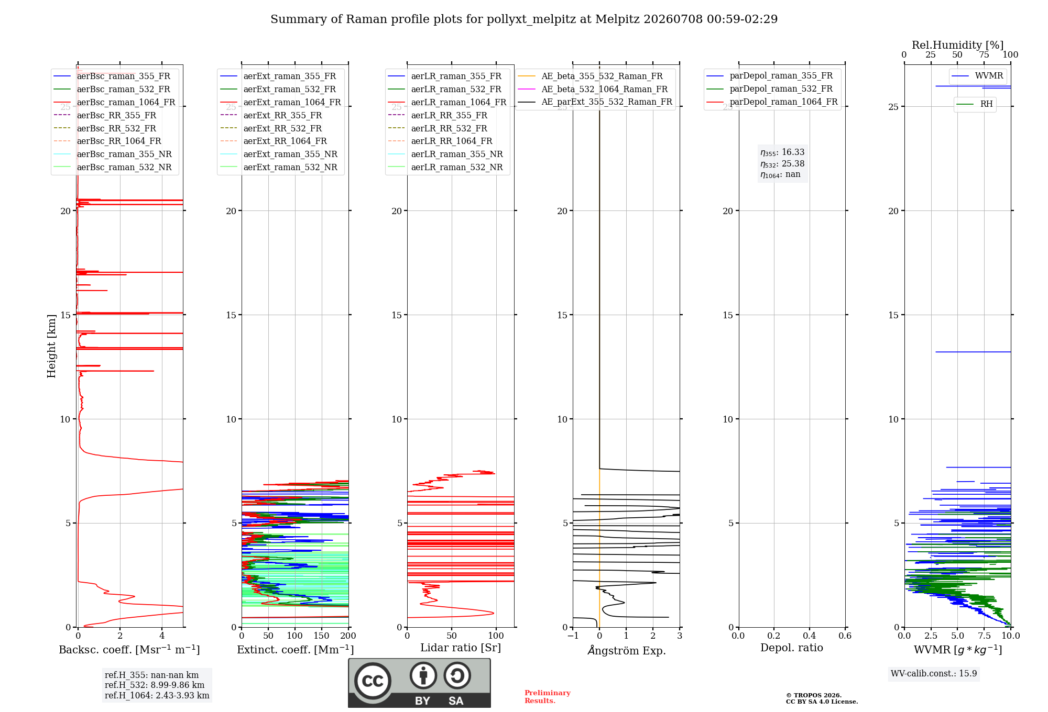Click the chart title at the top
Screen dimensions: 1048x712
click(524, 19)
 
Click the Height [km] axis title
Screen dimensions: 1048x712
click(51, 346)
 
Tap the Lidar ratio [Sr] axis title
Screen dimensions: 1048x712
click(461, 648)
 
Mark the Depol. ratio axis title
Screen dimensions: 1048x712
click(792, 648)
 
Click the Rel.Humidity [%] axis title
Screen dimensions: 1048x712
click(957, 45)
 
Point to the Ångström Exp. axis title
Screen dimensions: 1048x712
click(627, 650)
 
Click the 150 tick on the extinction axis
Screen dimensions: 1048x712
click(321, 636)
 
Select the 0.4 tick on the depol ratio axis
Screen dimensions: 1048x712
click(810, 636)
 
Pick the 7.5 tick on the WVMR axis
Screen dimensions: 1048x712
click(984, 636)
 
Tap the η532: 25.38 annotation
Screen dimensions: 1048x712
click(782, 164)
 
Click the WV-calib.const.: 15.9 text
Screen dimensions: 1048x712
click(934, 674)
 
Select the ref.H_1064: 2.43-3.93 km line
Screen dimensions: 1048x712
click(157, 696)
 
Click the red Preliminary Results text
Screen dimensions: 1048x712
click(548, 697)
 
